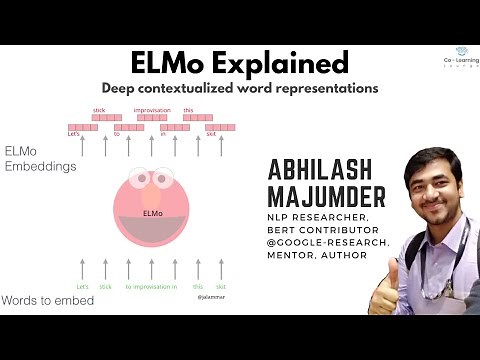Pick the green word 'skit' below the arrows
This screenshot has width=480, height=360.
pos(221,287)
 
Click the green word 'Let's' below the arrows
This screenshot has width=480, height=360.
pos(83,287)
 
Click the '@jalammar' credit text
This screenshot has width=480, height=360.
pos(210,297)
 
